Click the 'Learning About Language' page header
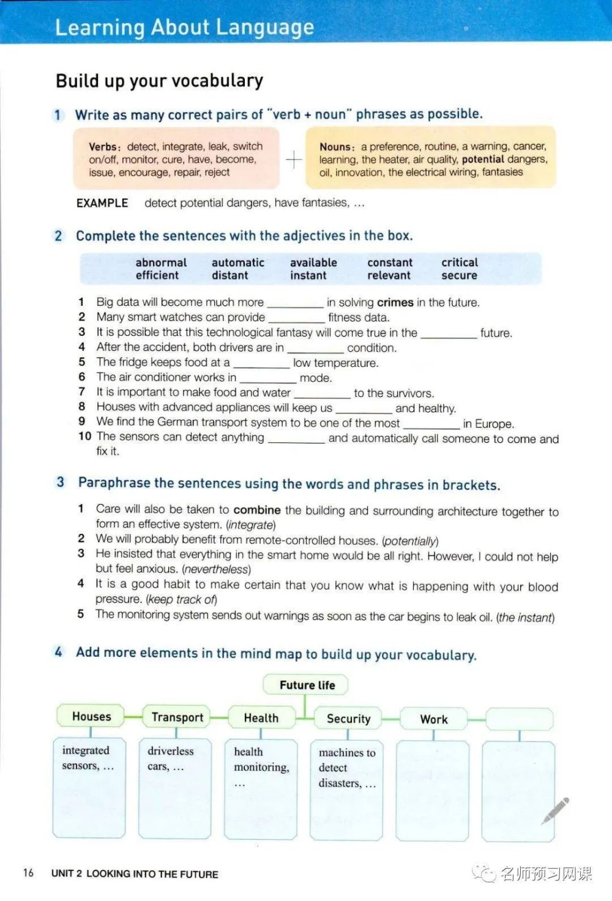(x=184, y=27)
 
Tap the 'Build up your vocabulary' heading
(x=159, y=81)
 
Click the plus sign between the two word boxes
(x=294, y=160)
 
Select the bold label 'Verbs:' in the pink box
(x=105, y=147)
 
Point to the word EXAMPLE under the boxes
(x=102, y=203)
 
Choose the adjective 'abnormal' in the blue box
(x=161, y=262)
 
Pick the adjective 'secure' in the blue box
(x=459, y=275)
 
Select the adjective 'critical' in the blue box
(x=460, y=262)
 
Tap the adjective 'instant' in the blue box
(x=308, y=275)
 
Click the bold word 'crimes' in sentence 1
(x=395, y=302)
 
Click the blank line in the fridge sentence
(x=261, y=365)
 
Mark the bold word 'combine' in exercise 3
(x=257, y=510)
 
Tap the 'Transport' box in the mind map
(x=177, y=717)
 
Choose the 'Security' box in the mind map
(x=348, y=719)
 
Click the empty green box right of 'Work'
(x=519, y=719)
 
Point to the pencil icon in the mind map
(x=555, y=810)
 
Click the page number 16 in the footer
(x=28, y=873)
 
